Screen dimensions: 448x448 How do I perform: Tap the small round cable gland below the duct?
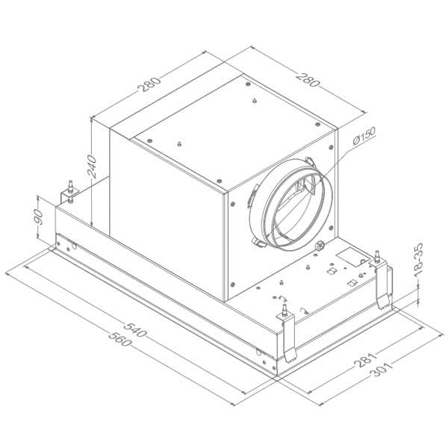321,246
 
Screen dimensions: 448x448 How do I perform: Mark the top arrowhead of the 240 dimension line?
90,119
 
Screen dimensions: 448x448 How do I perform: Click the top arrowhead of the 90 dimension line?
40,195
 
